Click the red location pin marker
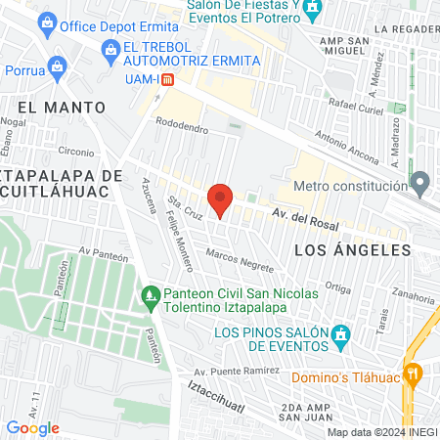tap(221, 200)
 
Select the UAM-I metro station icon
tap(167, 80)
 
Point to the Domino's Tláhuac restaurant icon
tap(415, 372)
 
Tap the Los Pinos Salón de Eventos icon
tap(340, 334)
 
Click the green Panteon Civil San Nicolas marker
tap(151, 293)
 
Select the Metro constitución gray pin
tap(420, 183)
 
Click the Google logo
tap(32, 427)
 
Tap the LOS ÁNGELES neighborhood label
tap(352, 250)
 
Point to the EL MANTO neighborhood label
tap(61, 106)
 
